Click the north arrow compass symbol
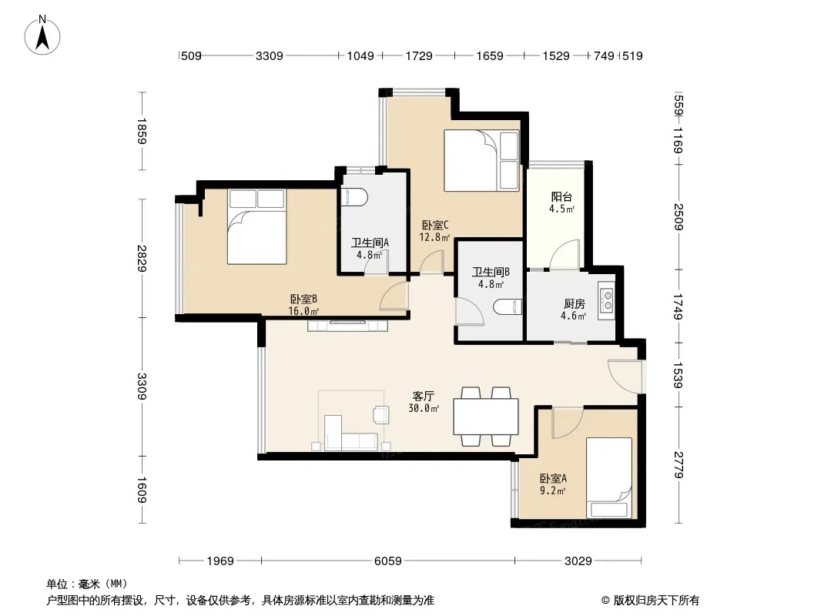point(42,35)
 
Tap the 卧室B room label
point(303,300)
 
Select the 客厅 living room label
point(423,397)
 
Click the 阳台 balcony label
point(561,197)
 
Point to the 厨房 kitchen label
point(574,303)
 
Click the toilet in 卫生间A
point(354,197)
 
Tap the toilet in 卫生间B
point(508,306)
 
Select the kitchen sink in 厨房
point(608,300)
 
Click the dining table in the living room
point(486,416)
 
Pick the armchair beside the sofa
point(380,414)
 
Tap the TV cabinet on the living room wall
point(347,326)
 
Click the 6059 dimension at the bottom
point(388,561)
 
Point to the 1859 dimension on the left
point(142,131)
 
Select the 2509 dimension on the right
point(679,216)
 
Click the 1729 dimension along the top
point(419,55)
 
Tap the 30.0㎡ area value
point(424,408)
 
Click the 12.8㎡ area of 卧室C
point(434,237)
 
